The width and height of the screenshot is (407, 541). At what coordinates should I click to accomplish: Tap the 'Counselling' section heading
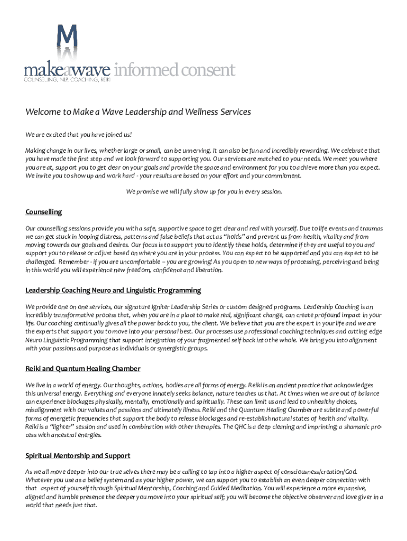coord(44,212)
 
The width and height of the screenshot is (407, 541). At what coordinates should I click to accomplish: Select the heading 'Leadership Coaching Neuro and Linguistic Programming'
coord(113,290)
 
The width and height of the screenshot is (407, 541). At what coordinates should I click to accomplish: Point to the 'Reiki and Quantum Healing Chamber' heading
coord(82,368)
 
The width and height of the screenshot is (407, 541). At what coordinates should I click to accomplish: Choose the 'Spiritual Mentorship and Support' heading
coord(78,455)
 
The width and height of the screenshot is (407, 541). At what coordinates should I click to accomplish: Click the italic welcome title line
coord(138,112)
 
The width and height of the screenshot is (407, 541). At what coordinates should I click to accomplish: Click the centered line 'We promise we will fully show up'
coord(204,192)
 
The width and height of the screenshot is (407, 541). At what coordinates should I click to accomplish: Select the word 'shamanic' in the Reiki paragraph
coord(347,427)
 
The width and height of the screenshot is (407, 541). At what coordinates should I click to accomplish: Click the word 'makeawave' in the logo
coord(67,70)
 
